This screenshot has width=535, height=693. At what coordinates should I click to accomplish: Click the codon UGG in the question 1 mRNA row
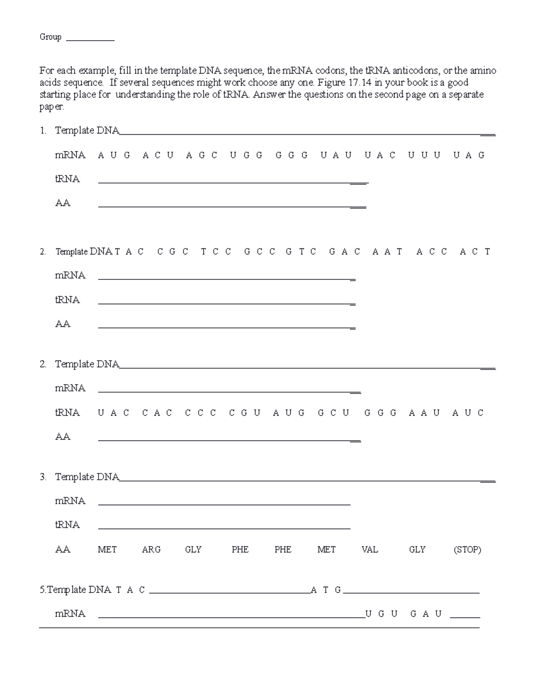click(246, 155)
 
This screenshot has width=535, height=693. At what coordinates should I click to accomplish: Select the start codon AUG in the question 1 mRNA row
click(114, 155)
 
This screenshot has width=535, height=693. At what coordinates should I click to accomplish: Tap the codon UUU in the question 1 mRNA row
click(424, 155)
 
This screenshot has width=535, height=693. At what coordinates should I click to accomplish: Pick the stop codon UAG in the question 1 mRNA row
click(469, 155)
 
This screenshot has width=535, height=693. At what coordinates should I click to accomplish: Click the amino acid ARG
click(151, 550)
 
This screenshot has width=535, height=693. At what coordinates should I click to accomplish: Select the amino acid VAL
click(370, 550)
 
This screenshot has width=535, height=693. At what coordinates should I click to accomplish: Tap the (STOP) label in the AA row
click(467, 550)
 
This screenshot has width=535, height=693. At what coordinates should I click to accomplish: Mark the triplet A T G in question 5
click(326, 590)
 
